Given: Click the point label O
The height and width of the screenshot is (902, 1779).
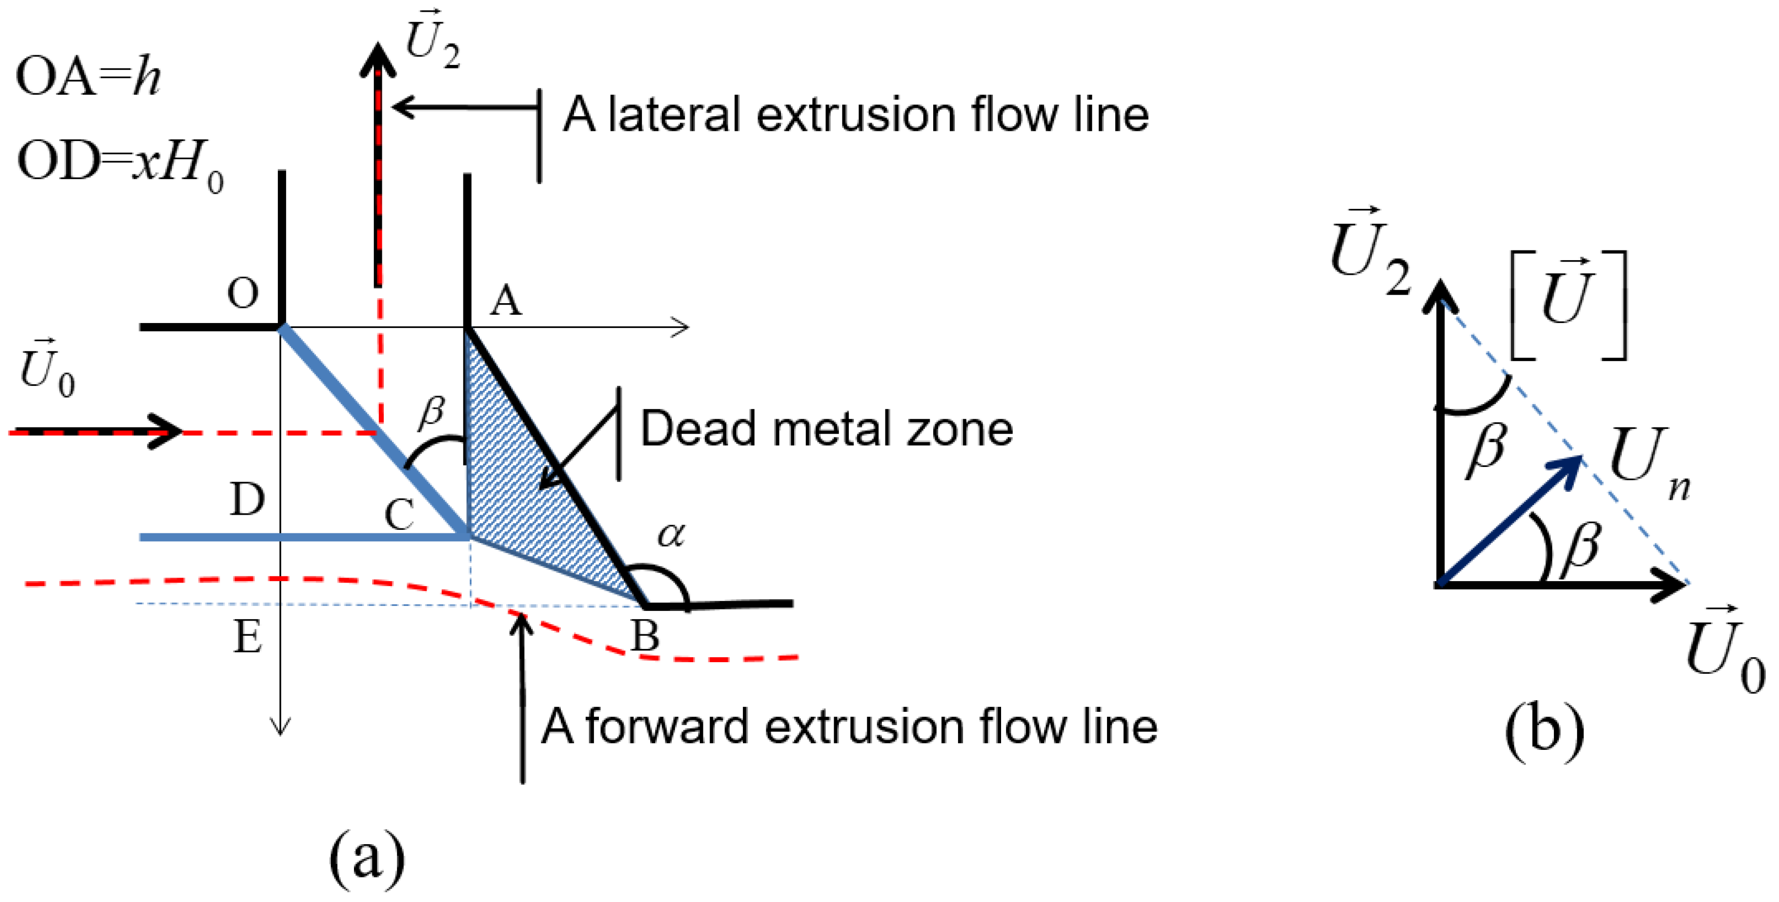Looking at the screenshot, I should pos(242,294).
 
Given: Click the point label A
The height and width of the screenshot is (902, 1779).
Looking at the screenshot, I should pos(506,301).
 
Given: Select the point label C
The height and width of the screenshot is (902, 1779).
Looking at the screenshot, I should pos(399,515).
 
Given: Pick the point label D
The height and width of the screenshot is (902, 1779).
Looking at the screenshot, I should pos(246,498).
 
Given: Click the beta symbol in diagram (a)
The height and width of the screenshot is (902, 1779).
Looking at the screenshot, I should pos(432,412).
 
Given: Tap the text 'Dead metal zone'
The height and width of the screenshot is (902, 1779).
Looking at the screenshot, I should pos(826,429).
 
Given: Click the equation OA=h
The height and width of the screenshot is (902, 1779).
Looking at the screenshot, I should pos(88,76).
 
